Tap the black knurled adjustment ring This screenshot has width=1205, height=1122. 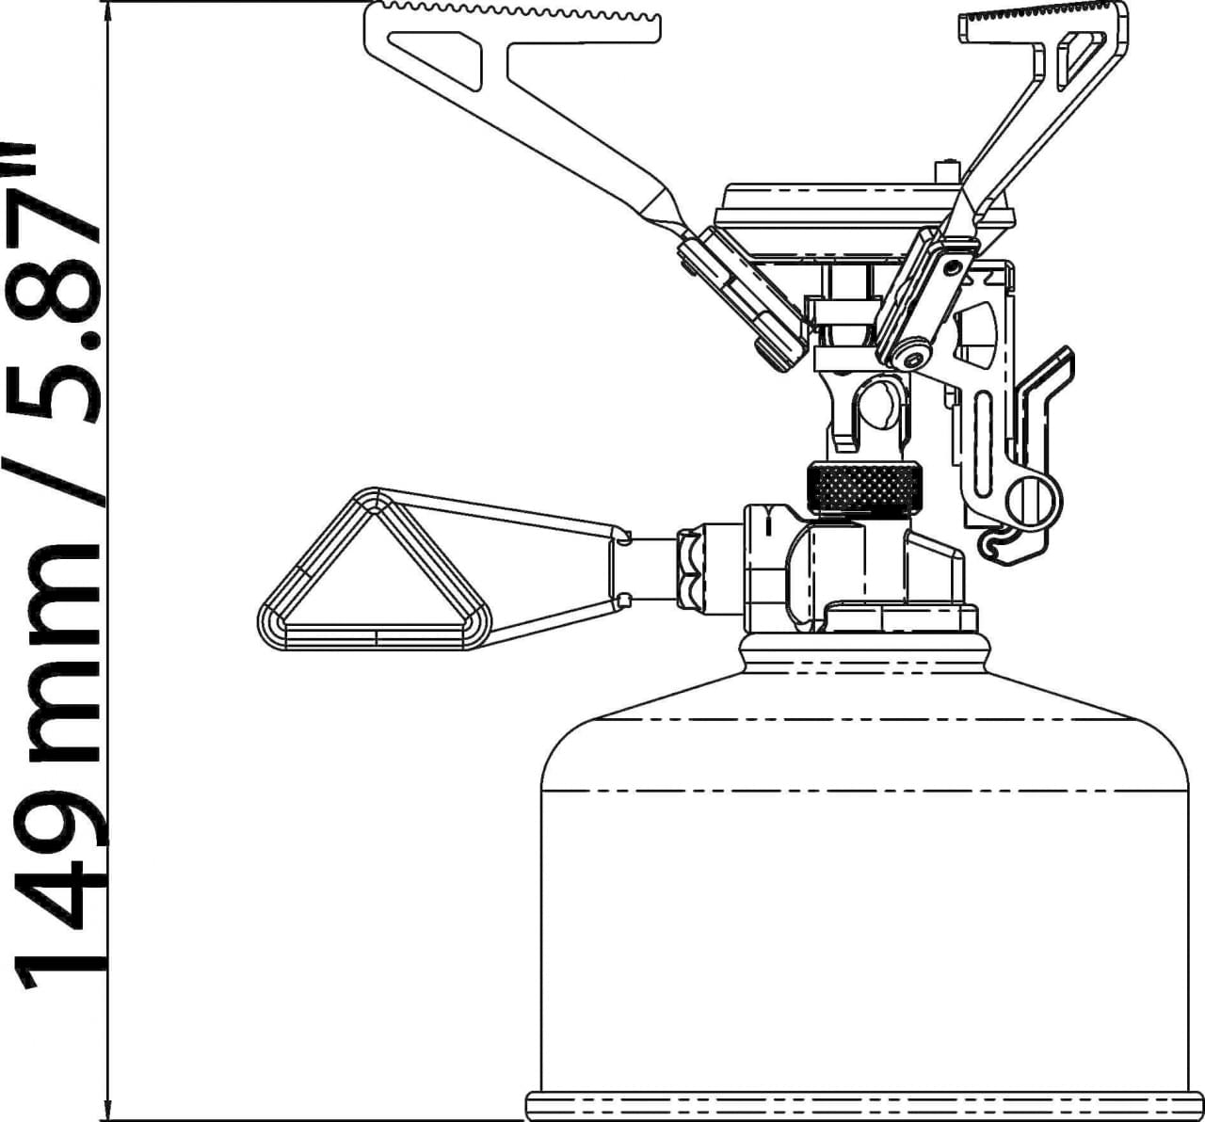pos(863,488)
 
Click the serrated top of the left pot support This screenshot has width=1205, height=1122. pos(513,9)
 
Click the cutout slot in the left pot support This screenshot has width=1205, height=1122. pos(438,57)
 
